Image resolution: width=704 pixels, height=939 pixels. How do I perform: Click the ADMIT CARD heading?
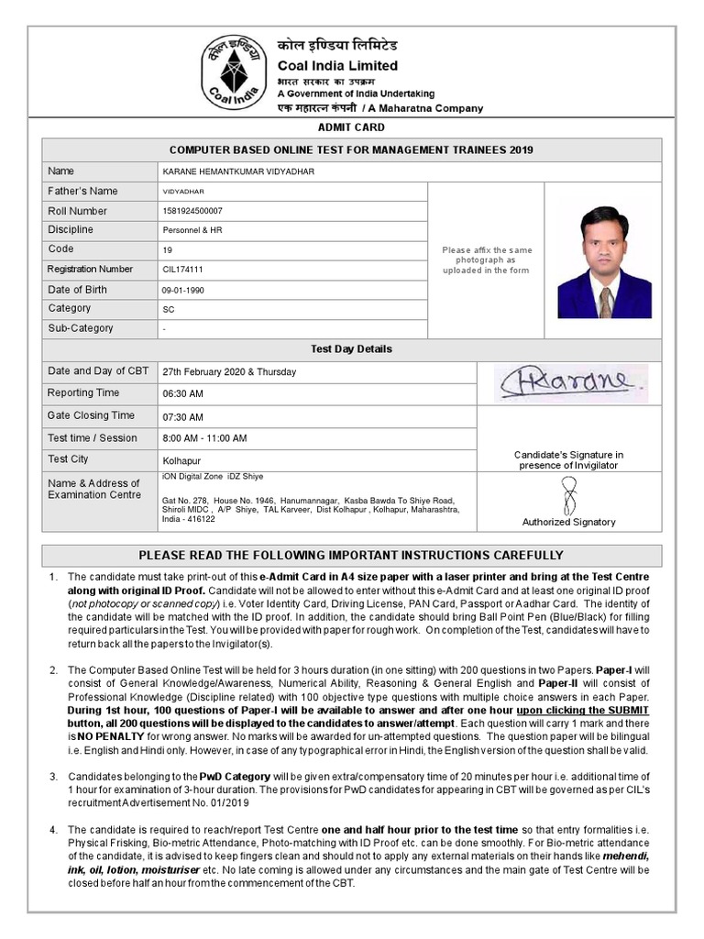point(351,127)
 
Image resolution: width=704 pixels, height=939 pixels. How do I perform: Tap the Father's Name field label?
point(82,191)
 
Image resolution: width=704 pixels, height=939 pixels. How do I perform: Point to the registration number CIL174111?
point(182,270)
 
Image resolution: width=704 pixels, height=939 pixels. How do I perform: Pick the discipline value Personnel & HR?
point(192,230)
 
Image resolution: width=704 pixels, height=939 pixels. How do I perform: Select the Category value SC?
point(168,310)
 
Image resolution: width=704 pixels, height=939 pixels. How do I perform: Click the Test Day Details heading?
point(351,349)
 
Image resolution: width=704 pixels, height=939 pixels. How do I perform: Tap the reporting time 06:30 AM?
point(182,393)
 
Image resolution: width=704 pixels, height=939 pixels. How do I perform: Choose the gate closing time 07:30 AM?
point(182,416)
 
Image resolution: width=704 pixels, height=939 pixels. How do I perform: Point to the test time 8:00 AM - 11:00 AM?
point(204,438)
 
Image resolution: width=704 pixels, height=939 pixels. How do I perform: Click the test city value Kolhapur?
point(181,460)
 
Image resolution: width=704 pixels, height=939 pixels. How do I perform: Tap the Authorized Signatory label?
point(568,522)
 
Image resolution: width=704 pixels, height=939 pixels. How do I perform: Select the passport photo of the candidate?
point(604,262)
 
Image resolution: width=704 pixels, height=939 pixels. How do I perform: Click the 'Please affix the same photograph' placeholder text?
point(486,260)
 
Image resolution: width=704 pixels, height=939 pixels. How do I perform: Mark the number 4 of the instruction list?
point(54,829)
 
